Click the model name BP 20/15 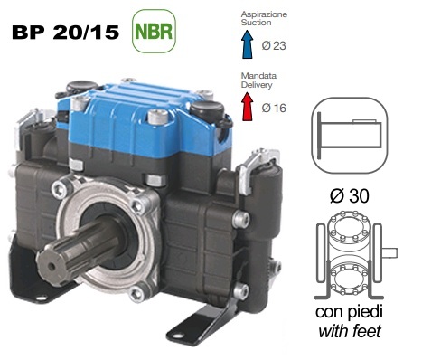pyautogui.click(x=65, y=33)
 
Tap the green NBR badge pyautogui.click(x=154, y=31)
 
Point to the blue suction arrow pyautogui.click(x=248, y=44)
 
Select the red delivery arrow pyautogui.click(x=248, y=107)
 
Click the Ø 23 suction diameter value pyautogui.click(x=274, y=46)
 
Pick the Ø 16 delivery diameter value pyautogui.click(x=274, y=108)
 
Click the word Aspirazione pyautogui.click(x=264, y=14)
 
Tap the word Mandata pyautogui.click(x=258, y=76)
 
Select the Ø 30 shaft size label pyautogui.click(x=350, y=196)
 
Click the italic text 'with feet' pyautogui.click(x=350, y=331)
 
